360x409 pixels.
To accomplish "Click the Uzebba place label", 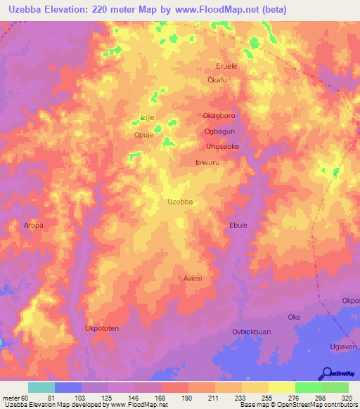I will pos(181,202).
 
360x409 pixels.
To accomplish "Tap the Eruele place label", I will pos(227,67).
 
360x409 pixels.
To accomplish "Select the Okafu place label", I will pos(217,80).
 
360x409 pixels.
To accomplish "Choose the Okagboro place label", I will pos(219,115).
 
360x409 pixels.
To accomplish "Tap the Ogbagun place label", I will pos(219,131).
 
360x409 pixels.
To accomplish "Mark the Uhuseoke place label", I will pos(223,146).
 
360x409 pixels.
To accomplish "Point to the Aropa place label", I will pos(33,226).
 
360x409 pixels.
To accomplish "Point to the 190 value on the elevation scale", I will pos(188,398).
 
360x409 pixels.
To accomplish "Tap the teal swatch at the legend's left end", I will pos(41,387).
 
